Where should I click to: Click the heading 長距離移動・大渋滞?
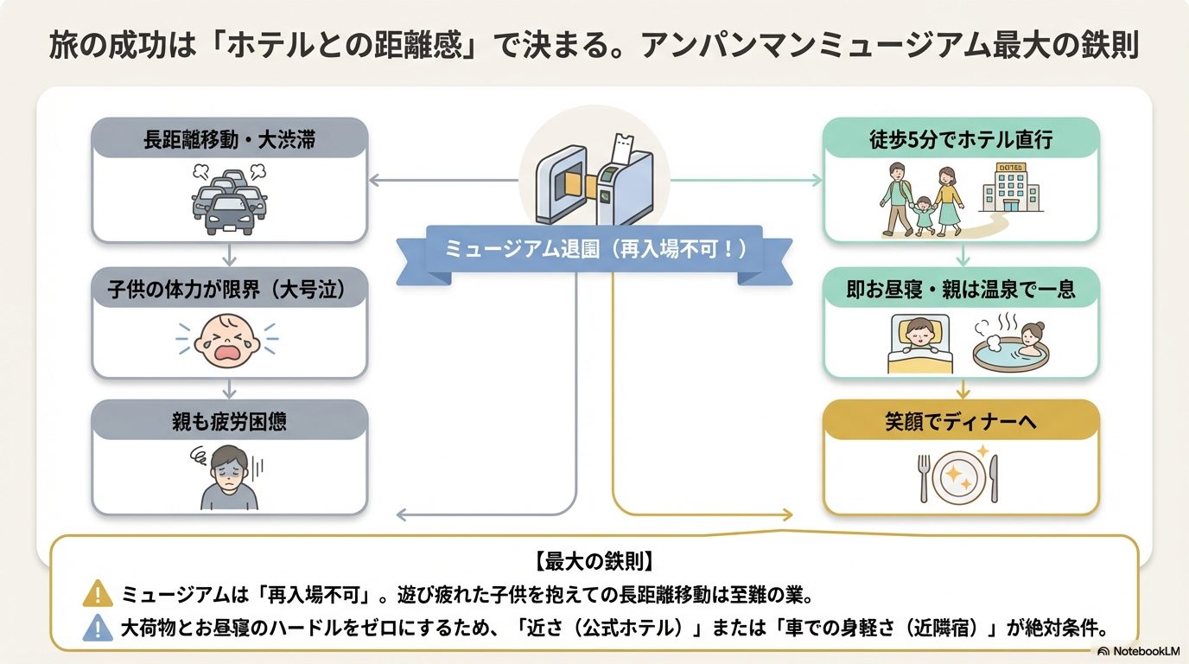click(230, 140)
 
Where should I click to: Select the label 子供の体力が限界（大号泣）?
click(230, 290)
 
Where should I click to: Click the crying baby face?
click(229, 339)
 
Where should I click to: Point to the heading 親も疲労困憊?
click(230, 423)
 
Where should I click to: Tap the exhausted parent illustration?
click(229, 478)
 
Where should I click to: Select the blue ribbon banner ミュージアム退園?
click(594, 251)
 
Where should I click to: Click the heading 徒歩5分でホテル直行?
click(961, 139)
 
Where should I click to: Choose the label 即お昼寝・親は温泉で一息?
click(961, 290)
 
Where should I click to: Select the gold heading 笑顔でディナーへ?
click(961, 423)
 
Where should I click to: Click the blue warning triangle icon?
click(98, 627)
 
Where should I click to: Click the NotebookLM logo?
click(1139, 651)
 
